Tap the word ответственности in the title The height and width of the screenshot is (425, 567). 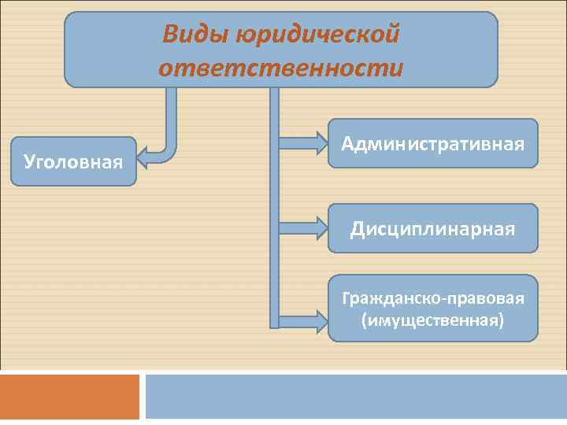click(x=280, y=68)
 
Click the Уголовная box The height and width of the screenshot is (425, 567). click(x=73, y=162)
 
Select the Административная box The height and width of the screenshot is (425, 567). click(x=432, y=143)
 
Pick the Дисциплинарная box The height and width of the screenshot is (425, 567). click(x=432, y=229)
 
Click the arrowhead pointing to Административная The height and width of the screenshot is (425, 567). click(x=320, y=143)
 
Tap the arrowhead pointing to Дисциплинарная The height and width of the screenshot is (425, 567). click(x=320, y=229)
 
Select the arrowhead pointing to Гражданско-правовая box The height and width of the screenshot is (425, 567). click(x=320, y=321)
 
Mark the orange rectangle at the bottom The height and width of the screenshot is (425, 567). click(x=69, y=397)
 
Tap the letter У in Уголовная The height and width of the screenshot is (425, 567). click(x=29, y=162)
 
